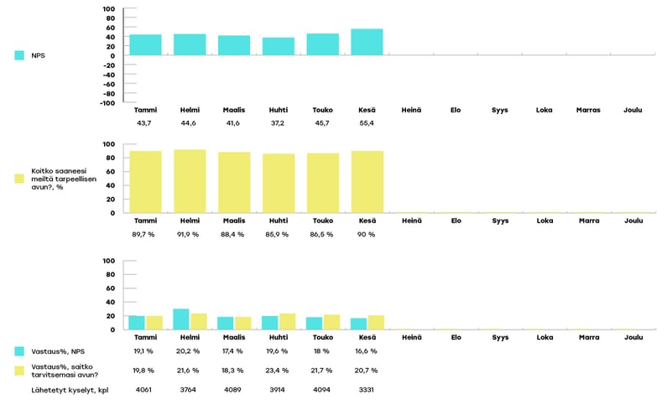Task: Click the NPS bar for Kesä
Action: [x=367, y=43]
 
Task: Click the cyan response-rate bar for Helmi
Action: [x=181, y=319]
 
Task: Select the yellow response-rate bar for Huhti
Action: [x=287, y=321]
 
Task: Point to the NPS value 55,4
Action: [x=367, y=124]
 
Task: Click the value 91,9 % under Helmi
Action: [x=190, y=234]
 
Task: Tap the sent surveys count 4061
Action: [x=144, y=390]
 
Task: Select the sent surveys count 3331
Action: [x=367, y=390]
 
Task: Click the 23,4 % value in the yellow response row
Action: [x=278, y=370]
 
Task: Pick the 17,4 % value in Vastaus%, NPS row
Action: [x=233, y=351]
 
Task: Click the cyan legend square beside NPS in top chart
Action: [x=19, y=55]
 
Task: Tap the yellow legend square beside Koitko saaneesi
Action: [x=19, y=178]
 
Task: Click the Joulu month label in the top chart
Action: [x=633, y=111]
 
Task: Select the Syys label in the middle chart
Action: [x=500, y=221]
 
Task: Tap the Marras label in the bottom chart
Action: [x=589, y=337]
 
